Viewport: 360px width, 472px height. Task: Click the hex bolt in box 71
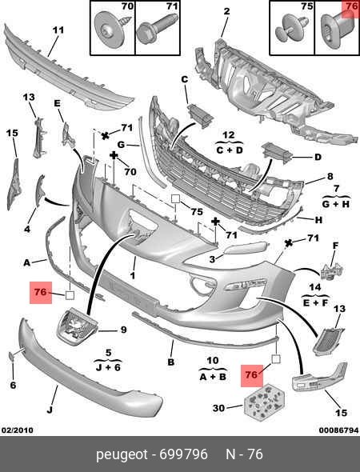[157, 30]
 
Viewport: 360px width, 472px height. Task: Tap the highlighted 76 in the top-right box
[351, 6]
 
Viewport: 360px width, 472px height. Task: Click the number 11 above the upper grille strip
[58, 30]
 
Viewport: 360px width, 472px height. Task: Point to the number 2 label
[226, 11]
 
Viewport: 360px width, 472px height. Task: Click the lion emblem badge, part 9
[77, 326]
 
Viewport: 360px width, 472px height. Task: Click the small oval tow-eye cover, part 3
[245, 248]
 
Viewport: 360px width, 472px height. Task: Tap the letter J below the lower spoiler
[50, 410]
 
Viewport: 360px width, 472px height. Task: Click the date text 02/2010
[17, 430]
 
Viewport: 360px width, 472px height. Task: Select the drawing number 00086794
[338, 430]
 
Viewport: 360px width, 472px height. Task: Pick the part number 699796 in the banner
[183, 454]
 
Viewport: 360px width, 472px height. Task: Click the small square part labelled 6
[12, 357]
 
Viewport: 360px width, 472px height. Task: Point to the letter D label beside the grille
[318, 157]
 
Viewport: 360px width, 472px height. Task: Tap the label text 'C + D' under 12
[230, 150]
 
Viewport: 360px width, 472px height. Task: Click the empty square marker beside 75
[175, 198]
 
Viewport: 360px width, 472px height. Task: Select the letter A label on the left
[26, 262]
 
